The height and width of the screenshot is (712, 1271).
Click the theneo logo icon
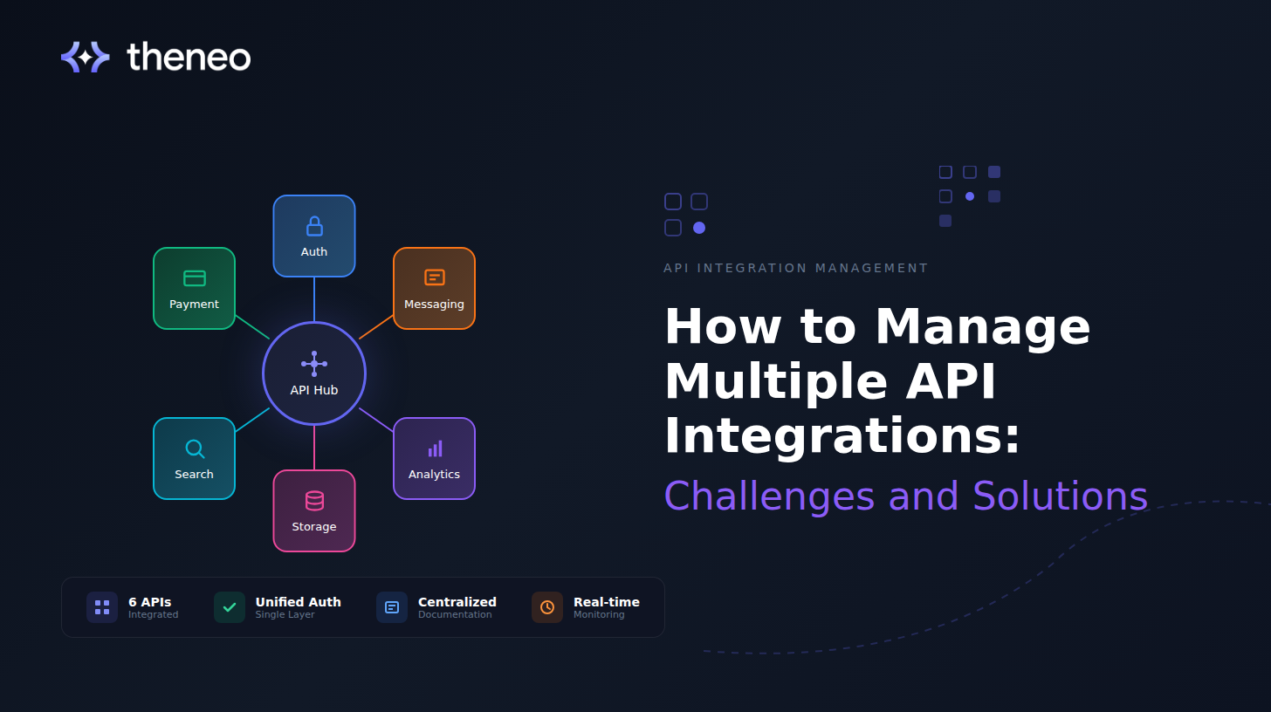85,58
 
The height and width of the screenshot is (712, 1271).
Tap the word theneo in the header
189,58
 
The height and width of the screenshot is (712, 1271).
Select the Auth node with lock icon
314,236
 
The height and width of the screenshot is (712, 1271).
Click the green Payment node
194,288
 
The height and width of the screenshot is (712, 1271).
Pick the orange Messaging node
434,288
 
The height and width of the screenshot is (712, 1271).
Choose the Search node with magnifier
194,458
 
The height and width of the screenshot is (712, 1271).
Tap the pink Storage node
314,510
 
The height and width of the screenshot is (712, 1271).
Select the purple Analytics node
434,458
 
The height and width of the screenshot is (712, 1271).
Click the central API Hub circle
314,373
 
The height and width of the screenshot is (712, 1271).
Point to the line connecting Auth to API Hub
314,299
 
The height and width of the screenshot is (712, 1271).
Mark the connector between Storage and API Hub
314,448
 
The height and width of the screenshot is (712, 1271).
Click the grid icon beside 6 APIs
102,607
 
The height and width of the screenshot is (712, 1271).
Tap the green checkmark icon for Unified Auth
230,607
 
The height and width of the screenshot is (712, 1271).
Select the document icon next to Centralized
392,607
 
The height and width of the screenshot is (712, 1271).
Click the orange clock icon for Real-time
547,607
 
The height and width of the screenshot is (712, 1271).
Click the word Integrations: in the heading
842,436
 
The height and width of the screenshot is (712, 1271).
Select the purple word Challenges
769,496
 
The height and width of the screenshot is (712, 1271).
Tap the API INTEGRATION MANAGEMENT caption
795,268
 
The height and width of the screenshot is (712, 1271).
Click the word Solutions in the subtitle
1060,496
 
